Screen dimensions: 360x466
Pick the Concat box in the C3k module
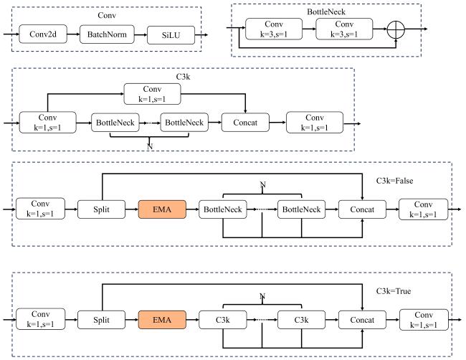pos(245,123)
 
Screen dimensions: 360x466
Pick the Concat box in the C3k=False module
pos(361,209)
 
